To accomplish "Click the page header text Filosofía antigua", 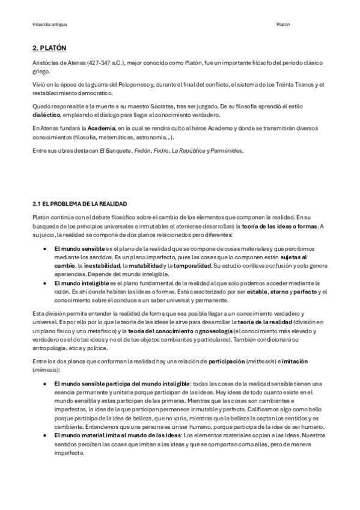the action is pos(49,25).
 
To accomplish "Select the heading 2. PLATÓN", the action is pos(49,48).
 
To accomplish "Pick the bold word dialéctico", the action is pos(47,113).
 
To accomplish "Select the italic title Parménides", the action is pos(224,150).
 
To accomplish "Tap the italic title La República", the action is pos(188,150).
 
